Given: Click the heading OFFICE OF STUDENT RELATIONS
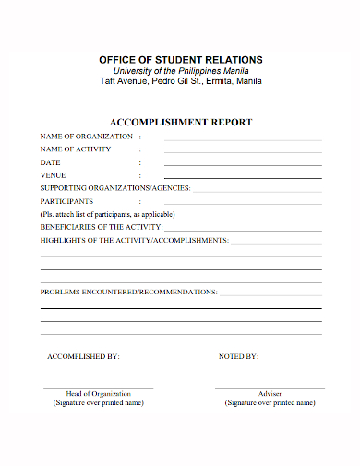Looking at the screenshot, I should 180,59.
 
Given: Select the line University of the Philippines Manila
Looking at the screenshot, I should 180,71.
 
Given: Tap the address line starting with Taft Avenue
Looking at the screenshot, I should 180,81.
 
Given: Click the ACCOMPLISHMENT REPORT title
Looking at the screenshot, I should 180,122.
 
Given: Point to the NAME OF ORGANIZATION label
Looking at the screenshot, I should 80,136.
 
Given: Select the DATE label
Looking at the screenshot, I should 50,162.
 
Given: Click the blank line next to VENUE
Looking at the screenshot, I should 243,177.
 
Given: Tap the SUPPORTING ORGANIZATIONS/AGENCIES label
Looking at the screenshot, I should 114,188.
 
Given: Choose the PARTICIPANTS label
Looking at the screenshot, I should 66,201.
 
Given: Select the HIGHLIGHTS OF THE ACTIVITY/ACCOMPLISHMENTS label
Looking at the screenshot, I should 134,240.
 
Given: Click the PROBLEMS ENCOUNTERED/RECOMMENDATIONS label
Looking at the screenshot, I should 128,292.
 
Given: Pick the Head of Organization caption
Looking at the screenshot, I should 99,394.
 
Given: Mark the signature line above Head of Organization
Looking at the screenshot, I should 99,388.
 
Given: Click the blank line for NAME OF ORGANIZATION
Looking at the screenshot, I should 243,139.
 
